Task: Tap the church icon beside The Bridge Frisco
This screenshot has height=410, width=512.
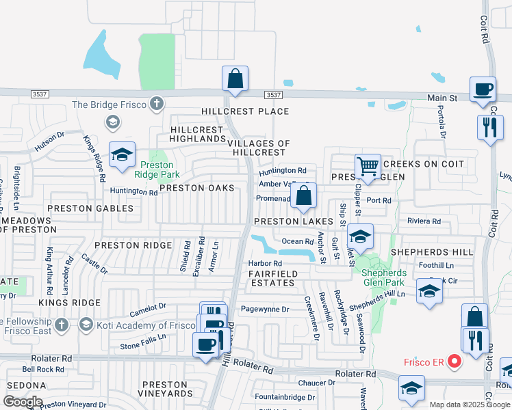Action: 157,104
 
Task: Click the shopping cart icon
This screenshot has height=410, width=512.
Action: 368,167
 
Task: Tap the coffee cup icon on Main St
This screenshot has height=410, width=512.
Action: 483,89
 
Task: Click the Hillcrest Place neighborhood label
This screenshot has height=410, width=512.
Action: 245,111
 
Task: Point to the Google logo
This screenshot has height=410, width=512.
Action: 23,402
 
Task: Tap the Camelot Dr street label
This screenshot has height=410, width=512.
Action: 149,310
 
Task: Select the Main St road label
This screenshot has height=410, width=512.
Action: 441,98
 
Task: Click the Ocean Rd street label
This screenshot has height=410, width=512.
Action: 297,241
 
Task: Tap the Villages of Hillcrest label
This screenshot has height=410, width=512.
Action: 259,148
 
